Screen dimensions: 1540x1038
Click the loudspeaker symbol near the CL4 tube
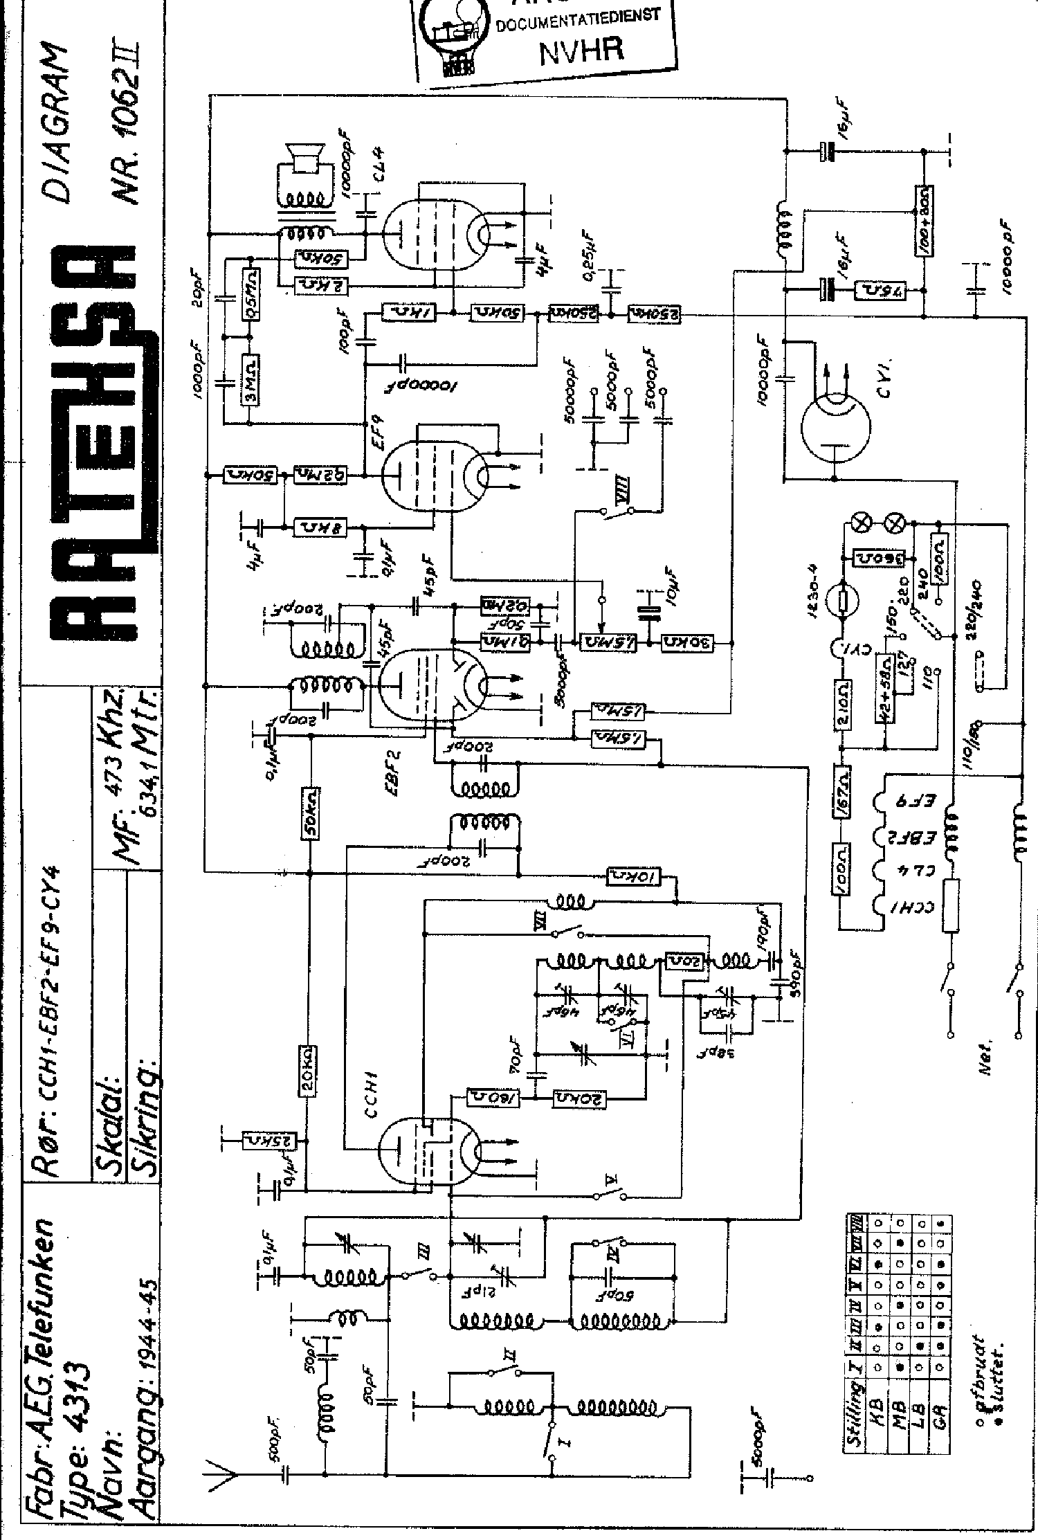[302, 158]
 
